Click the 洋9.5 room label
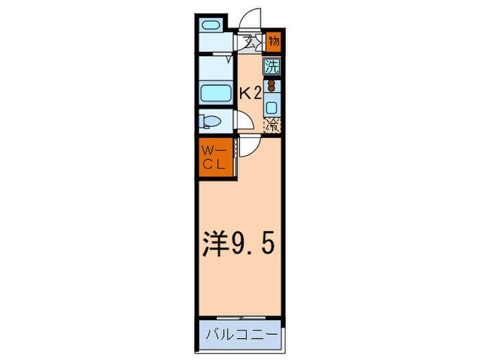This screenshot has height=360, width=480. pyautogui.click(x=239, y=242)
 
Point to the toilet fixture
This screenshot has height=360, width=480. pyautogui.click(x=211, y=122)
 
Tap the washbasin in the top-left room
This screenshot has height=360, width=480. pyautogui.click(x=211, y=26)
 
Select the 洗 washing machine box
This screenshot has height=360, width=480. pyautogui.click(x=272, y=67)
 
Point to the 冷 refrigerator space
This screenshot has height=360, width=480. pyautogui.click(x=272, y=125)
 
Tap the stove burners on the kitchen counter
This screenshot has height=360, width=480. pyautogui.click(x=271, y=87)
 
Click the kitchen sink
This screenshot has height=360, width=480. pyautogui.click(x=271, y=107)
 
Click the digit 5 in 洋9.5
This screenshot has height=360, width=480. pyautogui.click(x=268, y=243)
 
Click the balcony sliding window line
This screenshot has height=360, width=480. pyautogui.click(x=239, y=317)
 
